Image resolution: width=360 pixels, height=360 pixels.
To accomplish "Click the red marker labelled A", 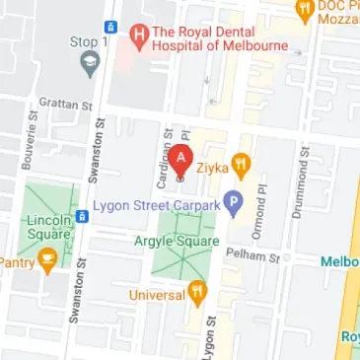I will (x=180, y=160).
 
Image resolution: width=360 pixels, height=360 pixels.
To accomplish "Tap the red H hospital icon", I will (x=140, y=36).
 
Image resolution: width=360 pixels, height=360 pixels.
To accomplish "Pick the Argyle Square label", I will (x=176, y=240).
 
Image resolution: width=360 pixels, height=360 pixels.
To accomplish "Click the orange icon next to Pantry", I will (x=46, y=260).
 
